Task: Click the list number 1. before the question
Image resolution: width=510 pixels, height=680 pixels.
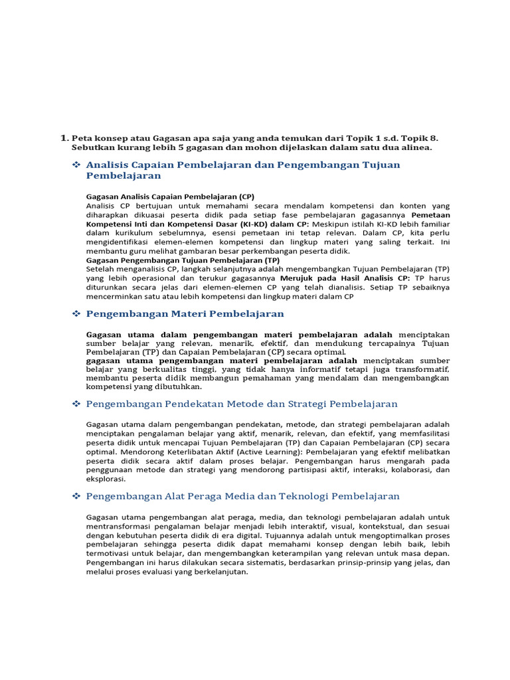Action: [64, 137]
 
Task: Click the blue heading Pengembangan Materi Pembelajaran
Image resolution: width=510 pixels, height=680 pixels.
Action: [185, 313]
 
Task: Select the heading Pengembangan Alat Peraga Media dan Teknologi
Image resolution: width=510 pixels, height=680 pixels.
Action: [243, 496]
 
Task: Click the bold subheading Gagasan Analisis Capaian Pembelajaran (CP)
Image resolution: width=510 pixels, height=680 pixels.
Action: [170, 197]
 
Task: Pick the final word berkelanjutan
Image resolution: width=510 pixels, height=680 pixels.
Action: [214, 571]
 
